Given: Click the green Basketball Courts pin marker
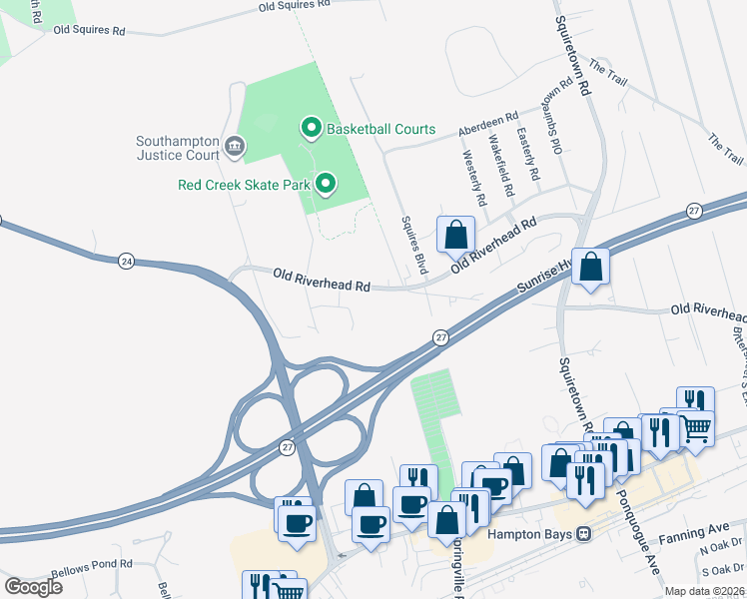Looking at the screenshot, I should click(311, 129).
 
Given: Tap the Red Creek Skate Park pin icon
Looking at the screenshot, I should click(325, 184).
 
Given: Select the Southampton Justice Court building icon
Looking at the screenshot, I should click(235, 148).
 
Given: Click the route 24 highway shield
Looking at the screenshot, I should click(125, 261).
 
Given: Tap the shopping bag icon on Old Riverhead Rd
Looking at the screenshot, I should click(455, 236).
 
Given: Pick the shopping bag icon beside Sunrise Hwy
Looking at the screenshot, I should click(590, 267).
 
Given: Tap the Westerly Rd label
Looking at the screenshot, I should click(474, 178).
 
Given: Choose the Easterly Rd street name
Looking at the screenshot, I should click(528, 154).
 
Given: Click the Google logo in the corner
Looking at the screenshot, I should click(34, 586).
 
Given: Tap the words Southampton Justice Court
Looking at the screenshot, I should click(178, 148).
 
